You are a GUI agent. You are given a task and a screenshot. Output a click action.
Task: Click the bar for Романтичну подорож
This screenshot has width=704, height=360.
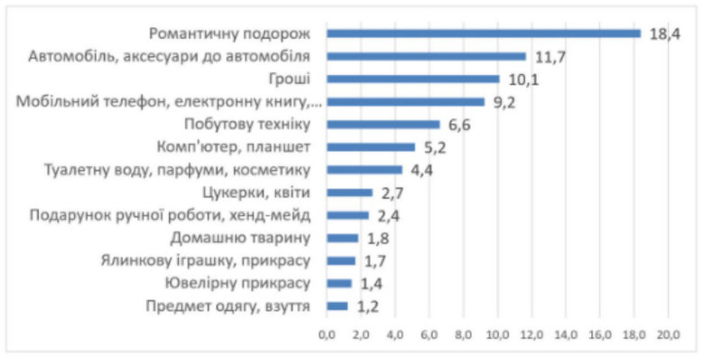coord(483,33)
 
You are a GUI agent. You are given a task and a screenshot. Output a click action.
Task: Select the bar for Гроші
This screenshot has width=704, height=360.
coord(412,78)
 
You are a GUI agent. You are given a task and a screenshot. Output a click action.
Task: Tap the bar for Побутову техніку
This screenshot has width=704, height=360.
coord(383,125)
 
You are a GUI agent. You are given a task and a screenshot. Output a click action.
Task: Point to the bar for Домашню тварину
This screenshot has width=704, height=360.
coord(342,238)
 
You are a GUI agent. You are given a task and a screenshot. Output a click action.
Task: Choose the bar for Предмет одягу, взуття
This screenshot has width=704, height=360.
coord(337,306)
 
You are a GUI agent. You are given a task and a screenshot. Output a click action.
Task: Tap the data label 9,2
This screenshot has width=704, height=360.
coord(505,102)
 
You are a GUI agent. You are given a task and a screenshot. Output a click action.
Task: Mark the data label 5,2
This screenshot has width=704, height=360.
coord(436,147)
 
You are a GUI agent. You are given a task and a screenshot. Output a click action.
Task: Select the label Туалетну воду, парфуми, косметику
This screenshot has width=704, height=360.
coord(178,170)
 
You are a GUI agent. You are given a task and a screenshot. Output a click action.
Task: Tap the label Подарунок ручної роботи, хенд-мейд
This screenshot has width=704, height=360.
coord(171,216)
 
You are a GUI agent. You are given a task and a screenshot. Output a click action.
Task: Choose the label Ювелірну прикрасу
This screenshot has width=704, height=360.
coord(232,283)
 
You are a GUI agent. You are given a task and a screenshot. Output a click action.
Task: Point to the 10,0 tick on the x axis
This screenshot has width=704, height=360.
coord(497,336)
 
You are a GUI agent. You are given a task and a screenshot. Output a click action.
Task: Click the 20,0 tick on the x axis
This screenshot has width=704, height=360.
coord(668,336)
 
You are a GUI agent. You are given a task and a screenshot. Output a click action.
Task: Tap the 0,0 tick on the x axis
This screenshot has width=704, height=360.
coord(327,336)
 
